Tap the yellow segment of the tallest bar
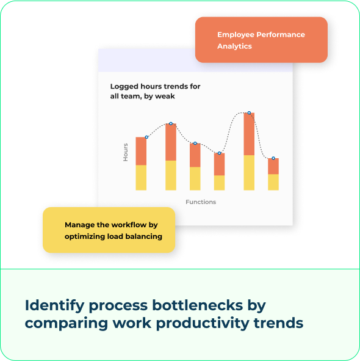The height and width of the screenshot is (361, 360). [249, 172]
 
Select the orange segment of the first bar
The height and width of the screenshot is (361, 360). [141, 151]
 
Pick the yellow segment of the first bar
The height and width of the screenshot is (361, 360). [141, 177]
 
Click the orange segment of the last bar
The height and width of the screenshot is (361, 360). [273, 166]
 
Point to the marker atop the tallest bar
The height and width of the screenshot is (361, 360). [249, 113]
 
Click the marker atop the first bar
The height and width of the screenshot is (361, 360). [146, 137]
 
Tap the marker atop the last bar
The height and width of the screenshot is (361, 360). [273, 158]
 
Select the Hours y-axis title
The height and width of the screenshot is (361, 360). [126, 151]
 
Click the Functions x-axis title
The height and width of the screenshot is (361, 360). [201, 202]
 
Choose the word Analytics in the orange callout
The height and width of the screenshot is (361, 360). [234, 46]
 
